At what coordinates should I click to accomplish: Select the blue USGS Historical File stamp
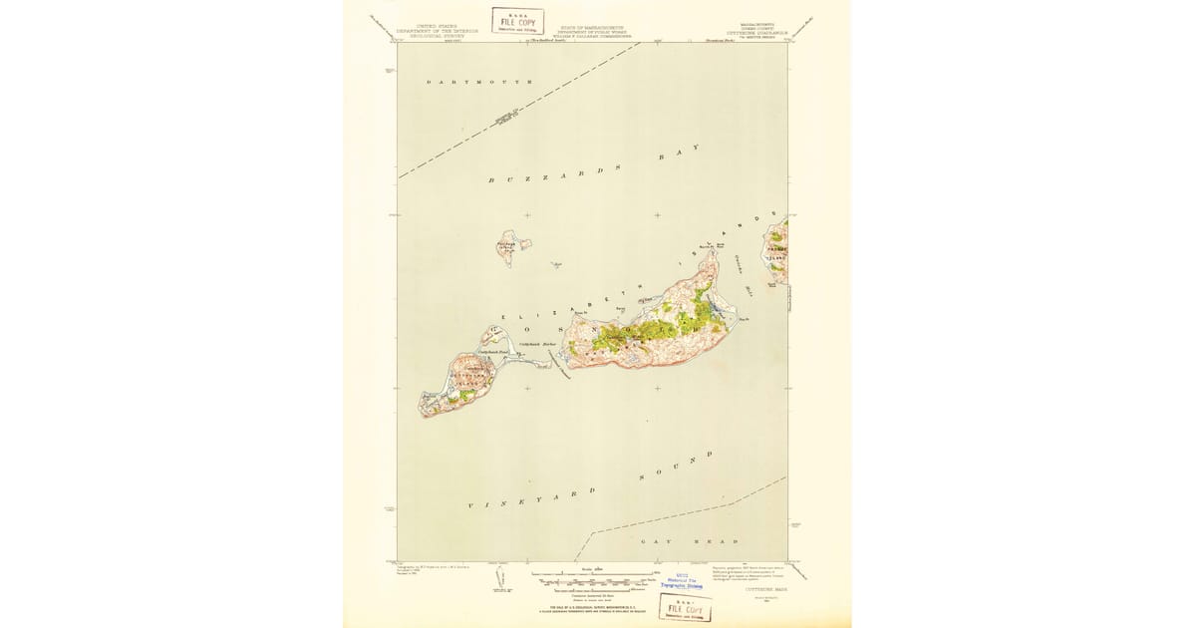point(680,583)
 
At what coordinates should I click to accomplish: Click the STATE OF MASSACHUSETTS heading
point(592,30)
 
